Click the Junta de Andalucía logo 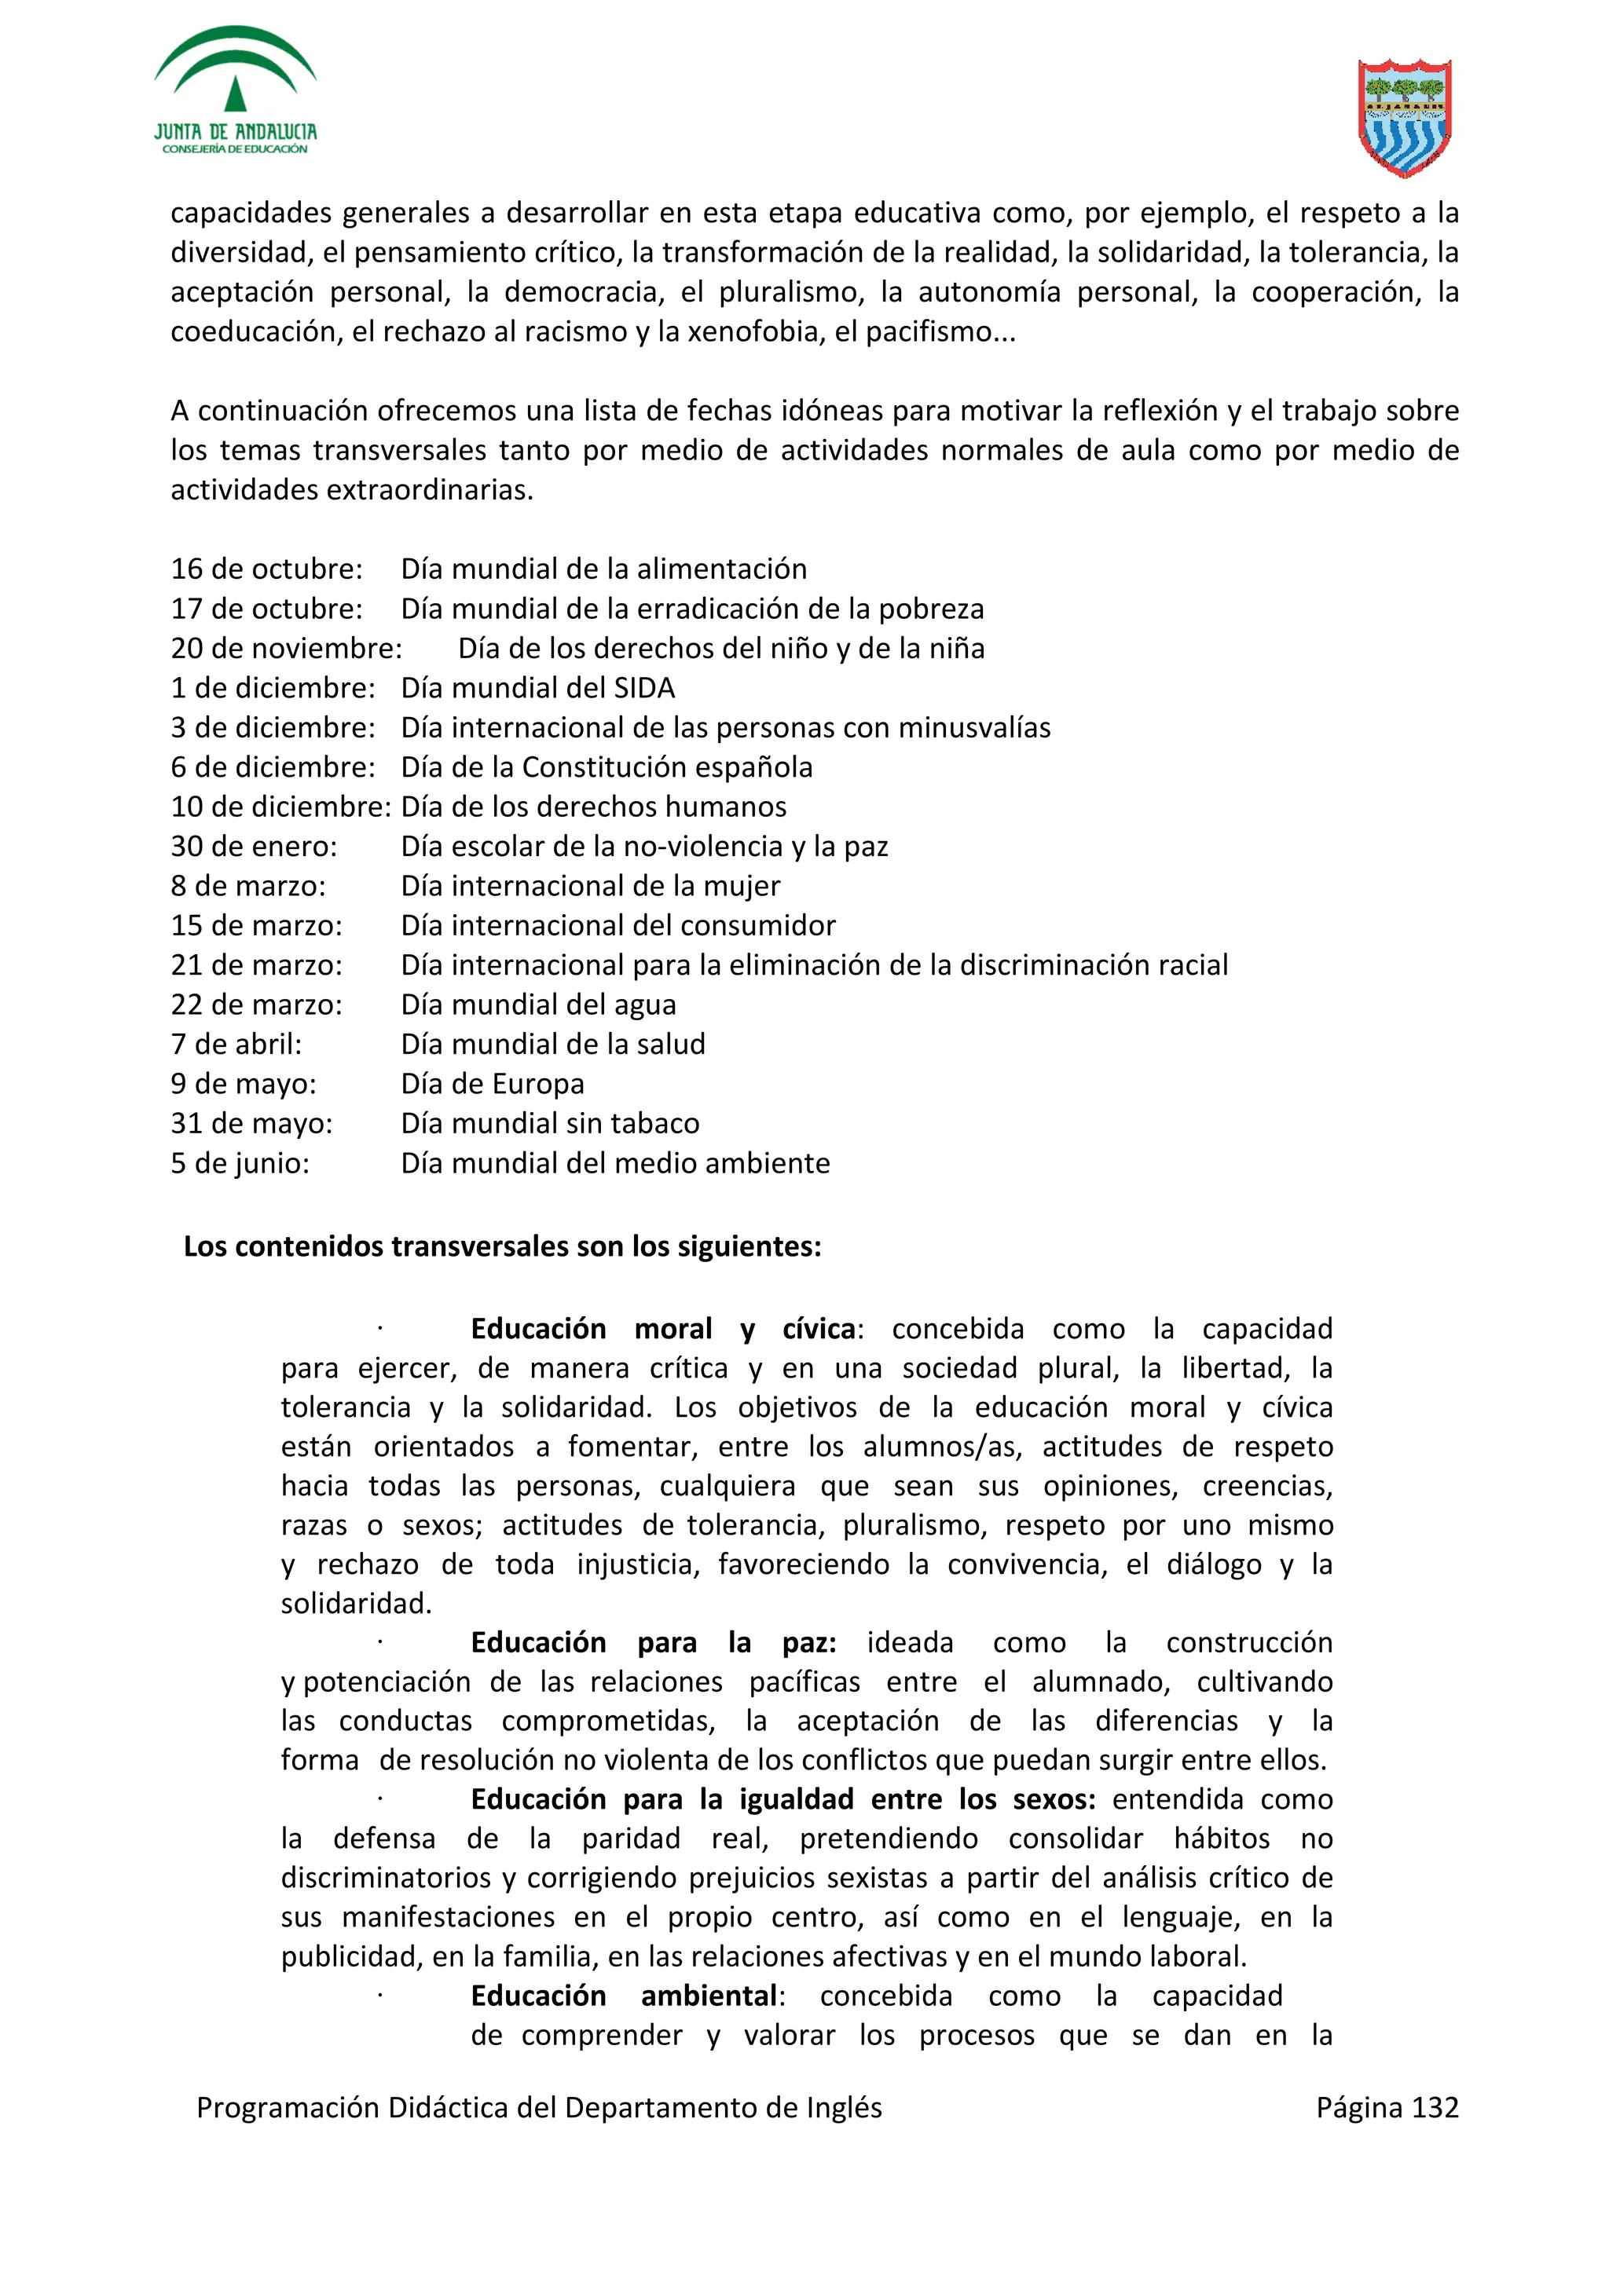(x=235, y=91)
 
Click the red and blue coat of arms (x=1404, y=117)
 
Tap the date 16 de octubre (x=266, y=569)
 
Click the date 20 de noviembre (x=285, y=648)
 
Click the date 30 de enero (x=254, y=847)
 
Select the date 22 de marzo (x=256, y=1005)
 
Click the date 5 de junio (x=240, y=1164)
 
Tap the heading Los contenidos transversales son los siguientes (x=502, y=1246)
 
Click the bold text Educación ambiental (x=626, y=1996)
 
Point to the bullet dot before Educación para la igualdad (x=379, y=1799)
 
